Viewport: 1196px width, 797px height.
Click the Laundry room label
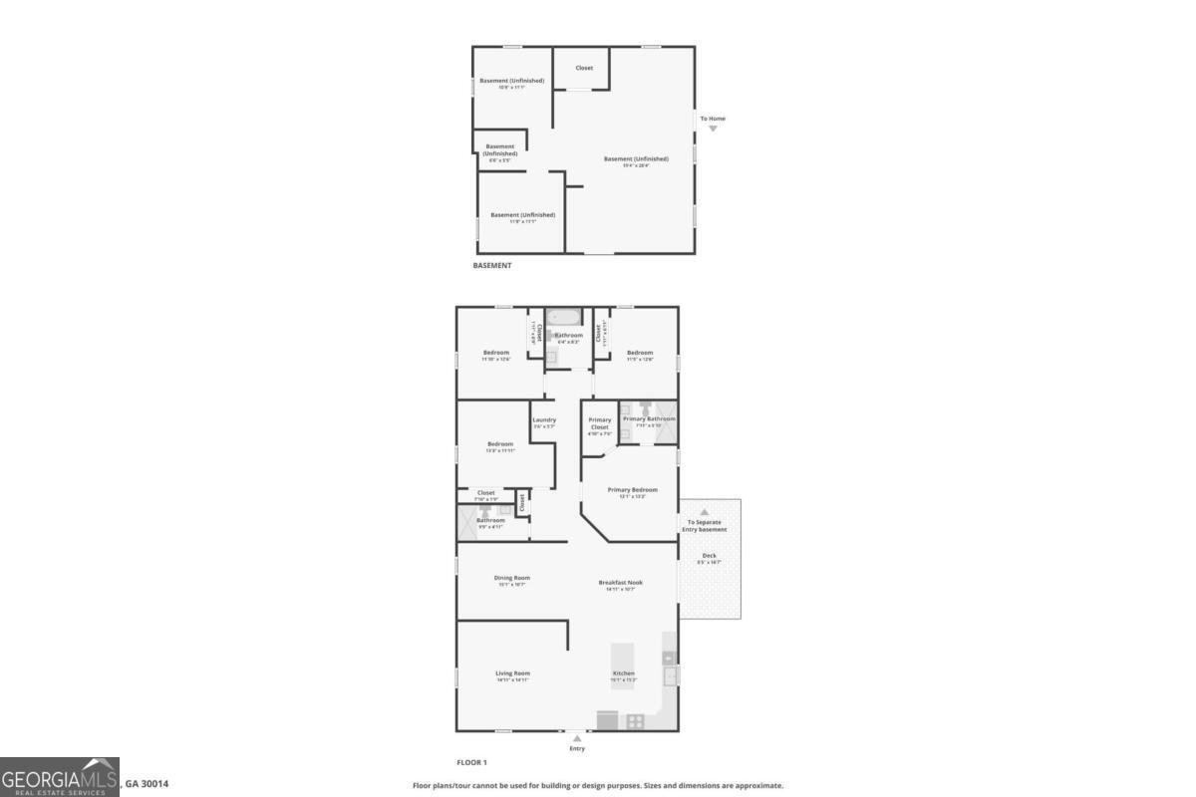pos(544,420)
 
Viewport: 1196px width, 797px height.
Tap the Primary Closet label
pos(600,423)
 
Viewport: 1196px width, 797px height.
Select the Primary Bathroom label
pos(649,419)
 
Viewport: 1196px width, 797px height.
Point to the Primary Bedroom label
pos(633,490)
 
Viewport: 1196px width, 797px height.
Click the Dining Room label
pos(512,578)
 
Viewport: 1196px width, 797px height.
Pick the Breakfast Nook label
pos(620,583)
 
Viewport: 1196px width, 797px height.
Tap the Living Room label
pos(512,673)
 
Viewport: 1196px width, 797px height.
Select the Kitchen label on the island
pos(623,673)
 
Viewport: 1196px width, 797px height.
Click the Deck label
pos(709,556)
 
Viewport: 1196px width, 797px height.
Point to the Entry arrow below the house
pos(576,738)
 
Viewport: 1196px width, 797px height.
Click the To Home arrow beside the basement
pos(713,129)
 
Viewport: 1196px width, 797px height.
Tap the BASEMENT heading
pos(492,265)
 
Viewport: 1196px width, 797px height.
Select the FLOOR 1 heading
pos(471,762)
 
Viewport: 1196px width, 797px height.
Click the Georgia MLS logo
pos(60,777)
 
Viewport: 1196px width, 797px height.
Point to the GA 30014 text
pos(147,784)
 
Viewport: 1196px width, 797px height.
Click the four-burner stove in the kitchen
pos(634,721)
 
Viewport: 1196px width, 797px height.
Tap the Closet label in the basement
pos(584,68)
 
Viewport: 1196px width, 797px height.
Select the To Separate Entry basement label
pos(706,525)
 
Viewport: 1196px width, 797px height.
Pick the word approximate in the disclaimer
pos(759,785)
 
